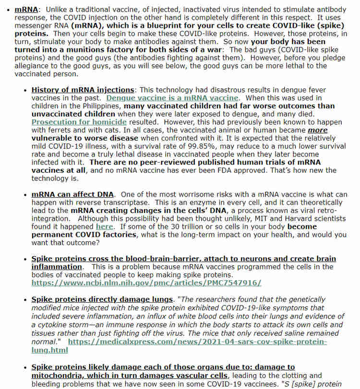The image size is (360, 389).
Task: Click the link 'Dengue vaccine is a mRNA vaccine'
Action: (172, 97)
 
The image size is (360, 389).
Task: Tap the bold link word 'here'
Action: (104, 226)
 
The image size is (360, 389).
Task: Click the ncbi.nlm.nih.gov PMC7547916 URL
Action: (146, 283)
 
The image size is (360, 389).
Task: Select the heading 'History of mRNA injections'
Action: (83, 90)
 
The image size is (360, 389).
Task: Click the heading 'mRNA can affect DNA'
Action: (72, 194)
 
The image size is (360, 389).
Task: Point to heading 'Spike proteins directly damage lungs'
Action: (102, 299)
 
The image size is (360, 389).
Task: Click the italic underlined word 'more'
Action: (317, 130)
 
